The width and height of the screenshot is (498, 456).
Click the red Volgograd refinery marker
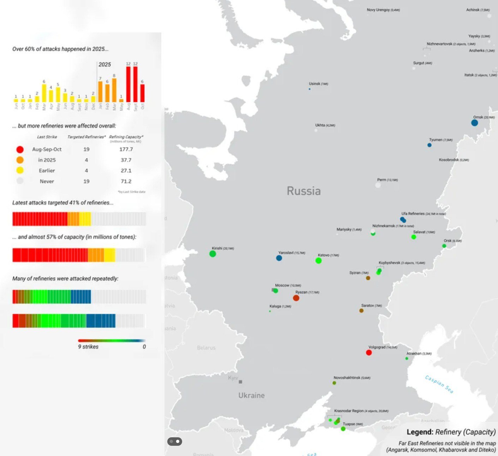tap(369, 352)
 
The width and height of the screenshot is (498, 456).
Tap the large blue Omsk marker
tap(474, 123)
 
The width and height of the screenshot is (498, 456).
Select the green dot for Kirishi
tap(212, 254)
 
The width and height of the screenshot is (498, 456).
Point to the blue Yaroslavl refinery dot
tap(279, 258)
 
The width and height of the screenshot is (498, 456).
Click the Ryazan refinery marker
tap(296, 298)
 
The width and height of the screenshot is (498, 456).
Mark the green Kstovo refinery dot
tap(318, 261)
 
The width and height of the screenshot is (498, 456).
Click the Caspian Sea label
tap(439, 384)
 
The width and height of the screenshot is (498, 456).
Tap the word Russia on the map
tap(304, 191)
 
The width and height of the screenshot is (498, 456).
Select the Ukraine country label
tap(251, 395)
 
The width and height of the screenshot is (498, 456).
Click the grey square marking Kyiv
tap(240, 382)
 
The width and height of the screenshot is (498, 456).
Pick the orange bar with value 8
tap(114, 90)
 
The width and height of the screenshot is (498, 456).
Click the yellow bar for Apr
tap(51, 96)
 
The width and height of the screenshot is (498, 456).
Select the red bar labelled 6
tap(142, 93)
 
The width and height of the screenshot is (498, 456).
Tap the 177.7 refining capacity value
tap(126, 149)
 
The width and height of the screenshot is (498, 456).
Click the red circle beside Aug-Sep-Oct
tap(20, 150)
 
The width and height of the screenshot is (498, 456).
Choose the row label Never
tap(47, 181)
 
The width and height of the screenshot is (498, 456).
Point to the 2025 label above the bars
tap(104, 65)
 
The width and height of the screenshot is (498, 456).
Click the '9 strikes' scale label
tap(88, 347)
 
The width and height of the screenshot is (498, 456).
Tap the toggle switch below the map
tap(175, 441)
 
